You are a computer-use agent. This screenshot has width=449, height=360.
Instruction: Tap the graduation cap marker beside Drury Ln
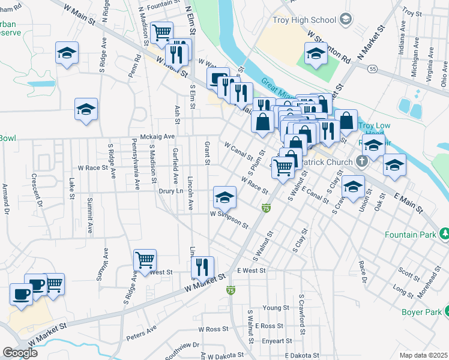tap(224, 197)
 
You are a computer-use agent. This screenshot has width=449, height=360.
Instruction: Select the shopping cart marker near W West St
tap(145, 260)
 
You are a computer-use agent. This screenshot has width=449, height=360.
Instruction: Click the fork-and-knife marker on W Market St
tap(202, 266)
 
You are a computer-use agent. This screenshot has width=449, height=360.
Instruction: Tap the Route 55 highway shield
tap(372, 70)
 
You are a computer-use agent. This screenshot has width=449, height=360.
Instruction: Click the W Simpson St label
tap(229, 218)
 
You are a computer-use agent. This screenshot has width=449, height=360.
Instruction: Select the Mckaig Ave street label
tap(157, 136)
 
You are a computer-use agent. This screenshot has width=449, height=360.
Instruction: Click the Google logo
tap(20, 352)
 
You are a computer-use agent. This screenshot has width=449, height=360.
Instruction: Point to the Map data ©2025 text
tap(423, 355)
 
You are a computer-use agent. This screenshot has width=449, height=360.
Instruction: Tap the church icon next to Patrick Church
tap(361, 161)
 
